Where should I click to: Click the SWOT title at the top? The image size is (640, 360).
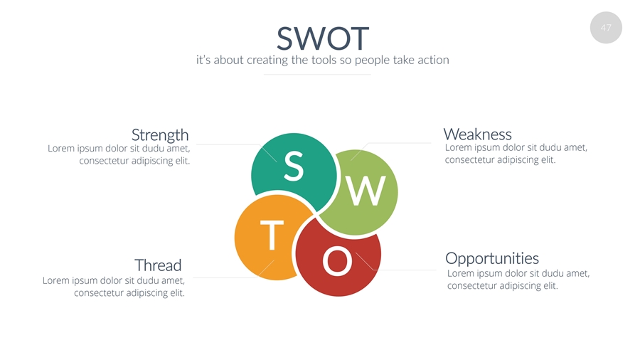point(323,38)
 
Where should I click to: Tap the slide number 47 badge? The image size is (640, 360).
point(606,28)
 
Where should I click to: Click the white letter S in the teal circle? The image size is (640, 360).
point(294,166)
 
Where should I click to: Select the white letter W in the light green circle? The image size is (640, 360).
point(366,191)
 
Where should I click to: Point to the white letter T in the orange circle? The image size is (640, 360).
point(272,235)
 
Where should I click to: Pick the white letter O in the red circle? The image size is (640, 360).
point(337,261)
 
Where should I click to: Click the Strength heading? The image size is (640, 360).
point(160,135)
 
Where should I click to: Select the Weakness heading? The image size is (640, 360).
point(478,134)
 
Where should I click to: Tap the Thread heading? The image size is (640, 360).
point(158,265)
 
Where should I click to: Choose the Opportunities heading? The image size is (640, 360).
point(492,258)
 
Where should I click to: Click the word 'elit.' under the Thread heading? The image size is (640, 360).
point(177,292)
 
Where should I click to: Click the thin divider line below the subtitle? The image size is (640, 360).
point(317,75)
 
